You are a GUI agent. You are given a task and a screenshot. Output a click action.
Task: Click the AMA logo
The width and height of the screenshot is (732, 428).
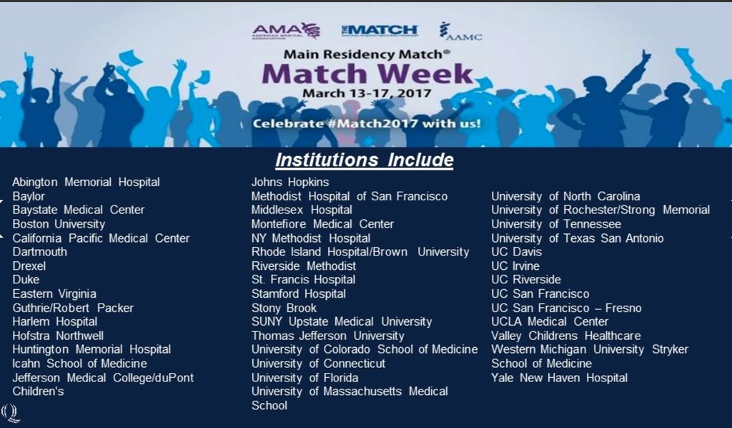pos(286,31)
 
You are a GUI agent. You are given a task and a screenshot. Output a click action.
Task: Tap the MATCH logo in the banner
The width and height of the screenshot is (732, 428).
pos(380,30)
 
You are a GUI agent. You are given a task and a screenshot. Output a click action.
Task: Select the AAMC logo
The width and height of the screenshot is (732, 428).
pos(460,31)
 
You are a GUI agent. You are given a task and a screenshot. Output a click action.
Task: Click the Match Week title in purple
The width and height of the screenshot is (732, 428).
pos(367,74)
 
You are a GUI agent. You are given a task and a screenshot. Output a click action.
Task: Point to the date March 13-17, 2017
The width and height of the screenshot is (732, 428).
pos(367,93)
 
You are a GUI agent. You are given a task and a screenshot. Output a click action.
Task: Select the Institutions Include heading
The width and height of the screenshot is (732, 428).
pos(364,160)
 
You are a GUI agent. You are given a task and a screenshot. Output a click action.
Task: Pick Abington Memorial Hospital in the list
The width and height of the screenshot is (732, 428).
pos(86,182)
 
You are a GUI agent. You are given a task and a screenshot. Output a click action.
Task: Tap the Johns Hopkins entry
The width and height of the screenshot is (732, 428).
pos(290,183)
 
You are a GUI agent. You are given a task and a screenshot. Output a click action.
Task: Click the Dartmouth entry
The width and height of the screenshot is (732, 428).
pos(40,252)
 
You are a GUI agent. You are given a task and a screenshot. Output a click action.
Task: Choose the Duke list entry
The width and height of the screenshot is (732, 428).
pos(26,279)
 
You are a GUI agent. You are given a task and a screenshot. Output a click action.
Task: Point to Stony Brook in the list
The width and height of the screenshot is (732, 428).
pos(284,308)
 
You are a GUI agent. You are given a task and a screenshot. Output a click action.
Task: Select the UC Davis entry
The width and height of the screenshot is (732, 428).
pos(516,252)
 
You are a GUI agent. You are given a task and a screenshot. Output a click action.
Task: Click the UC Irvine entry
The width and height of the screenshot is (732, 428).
pos(515,266)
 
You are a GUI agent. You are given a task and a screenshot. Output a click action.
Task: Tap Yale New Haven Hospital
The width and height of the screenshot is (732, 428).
pos(559,377)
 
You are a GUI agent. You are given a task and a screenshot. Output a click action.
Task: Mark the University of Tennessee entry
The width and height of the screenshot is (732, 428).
pos(556,224)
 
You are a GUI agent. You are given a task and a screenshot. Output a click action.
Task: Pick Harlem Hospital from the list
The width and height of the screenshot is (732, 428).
pos(54,321)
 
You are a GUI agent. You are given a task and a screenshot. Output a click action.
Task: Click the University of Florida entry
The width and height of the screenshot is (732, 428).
pos(305,377)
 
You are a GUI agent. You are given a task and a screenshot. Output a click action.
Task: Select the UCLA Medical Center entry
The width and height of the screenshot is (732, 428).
pos(550,321)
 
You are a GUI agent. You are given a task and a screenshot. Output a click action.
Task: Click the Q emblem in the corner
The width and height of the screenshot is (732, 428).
pos(10,413)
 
